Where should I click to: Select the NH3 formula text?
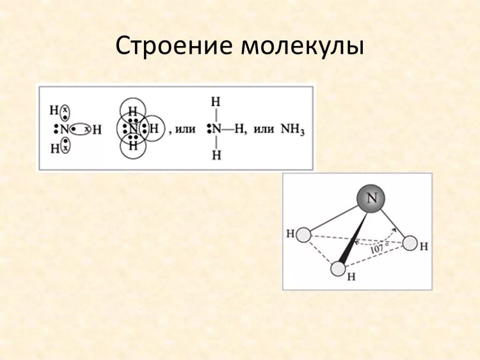[x=292, y=129]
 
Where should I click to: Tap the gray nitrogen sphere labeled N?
[x=371, y=199]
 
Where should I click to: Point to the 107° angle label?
[x=379, y=249]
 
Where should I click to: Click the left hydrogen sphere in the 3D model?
[x=304, y=234]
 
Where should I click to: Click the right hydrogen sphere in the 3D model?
[x=410, y=243]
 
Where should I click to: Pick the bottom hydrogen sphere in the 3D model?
[x=338, y=269]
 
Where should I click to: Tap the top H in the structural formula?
[x=216, y=102]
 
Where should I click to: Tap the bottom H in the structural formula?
[x=216, y=156]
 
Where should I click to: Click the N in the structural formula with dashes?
[x=216, y=129]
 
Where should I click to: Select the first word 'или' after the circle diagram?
[x=185, y=130]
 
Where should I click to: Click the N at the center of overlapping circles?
[x=134, y=128]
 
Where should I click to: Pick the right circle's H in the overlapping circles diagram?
[x=154, y=128]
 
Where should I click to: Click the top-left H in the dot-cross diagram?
[x=54, y=111]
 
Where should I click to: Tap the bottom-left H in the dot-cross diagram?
[x=54, y=148]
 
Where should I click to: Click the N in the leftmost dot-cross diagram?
[x=64, y=129]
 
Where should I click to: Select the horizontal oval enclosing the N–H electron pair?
[x=80, y=129]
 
